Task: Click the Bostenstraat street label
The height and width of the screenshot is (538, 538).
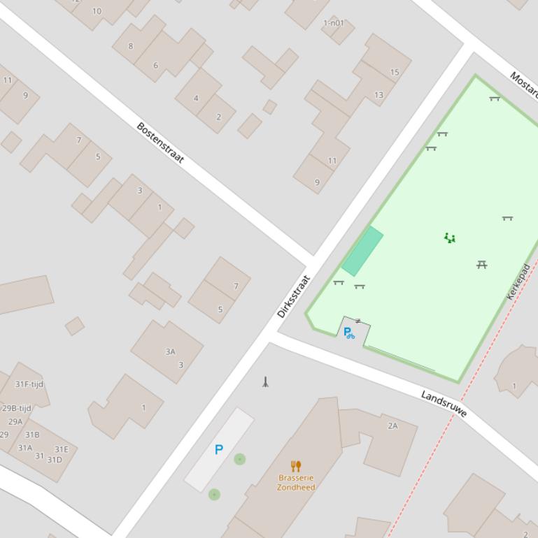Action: (x=160, y=143)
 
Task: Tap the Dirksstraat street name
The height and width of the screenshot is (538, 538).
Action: (x=293, y=296)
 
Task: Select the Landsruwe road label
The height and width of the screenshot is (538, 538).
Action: (x=444, y=404)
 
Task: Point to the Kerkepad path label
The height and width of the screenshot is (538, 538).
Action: (x=518, y=282)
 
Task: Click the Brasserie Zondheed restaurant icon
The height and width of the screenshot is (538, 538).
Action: (x=296, y=466)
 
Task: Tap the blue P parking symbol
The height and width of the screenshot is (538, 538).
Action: (x=219, y=450)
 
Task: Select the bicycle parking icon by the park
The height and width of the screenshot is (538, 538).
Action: (x=348, y=333)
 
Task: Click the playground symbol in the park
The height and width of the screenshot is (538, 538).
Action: (x=450, y=238)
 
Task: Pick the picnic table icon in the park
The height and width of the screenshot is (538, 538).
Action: (x=481, y=264)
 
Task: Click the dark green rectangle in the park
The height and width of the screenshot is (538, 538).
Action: (x=362, y=251)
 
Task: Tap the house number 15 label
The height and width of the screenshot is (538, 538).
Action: (x=395, y=72)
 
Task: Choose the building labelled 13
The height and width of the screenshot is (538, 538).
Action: (x=378, y=95)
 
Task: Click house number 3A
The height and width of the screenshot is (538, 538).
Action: (x=170, y=351)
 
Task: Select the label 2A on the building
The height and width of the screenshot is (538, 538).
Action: (x=392, y=426)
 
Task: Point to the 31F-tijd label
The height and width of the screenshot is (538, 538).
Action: (x=29, y=384)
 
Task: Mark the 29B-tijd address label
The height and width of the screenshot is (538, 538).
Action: (x=17, y=409)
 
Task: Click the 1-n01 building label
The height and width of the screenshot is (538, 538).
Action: (x=334, y=23)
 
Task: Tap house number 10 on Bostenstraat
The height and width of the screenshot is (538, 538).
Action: (x=97, y=11)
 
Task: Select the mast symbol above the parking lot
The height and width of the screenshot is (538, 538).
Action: (x=265, y=381)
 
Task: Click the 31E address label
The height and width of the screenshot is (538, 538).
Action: (x=62, y=449)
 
